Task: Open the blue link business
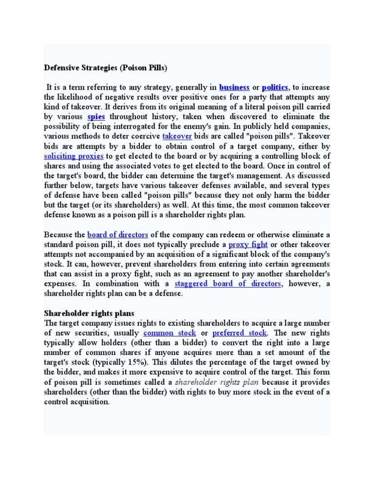click(x=234, y=88)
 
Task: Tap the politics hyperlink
click(x=276, y=88)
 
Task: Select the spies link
click(x=96, y=117)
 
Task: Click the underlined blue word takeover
click(x=177, y=136)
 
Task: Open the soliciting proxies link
click(x=74, y=156)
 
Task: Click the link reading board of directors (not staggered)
click(x=118, y=234)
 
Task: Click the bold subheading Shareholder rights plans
click(x=89, y=313)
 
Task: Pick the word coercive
click(x=143, y=136)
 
